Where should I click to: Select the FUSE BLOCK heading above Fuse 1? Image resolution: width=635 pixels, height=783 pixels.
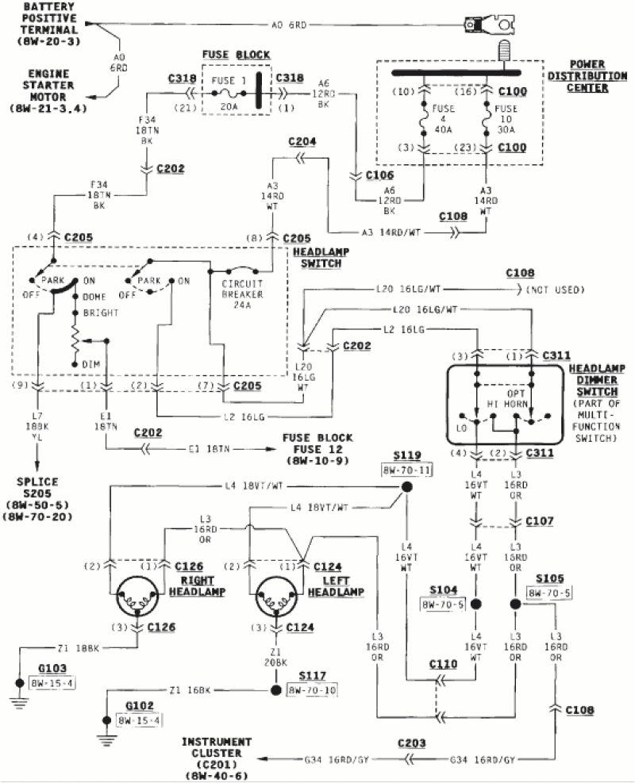point(236,55)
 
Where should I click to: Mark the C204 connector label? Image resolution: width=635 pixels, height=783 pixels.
point(302,142)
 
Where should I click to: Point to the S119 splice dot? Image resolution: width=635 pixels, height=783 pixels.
point(406,487)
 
